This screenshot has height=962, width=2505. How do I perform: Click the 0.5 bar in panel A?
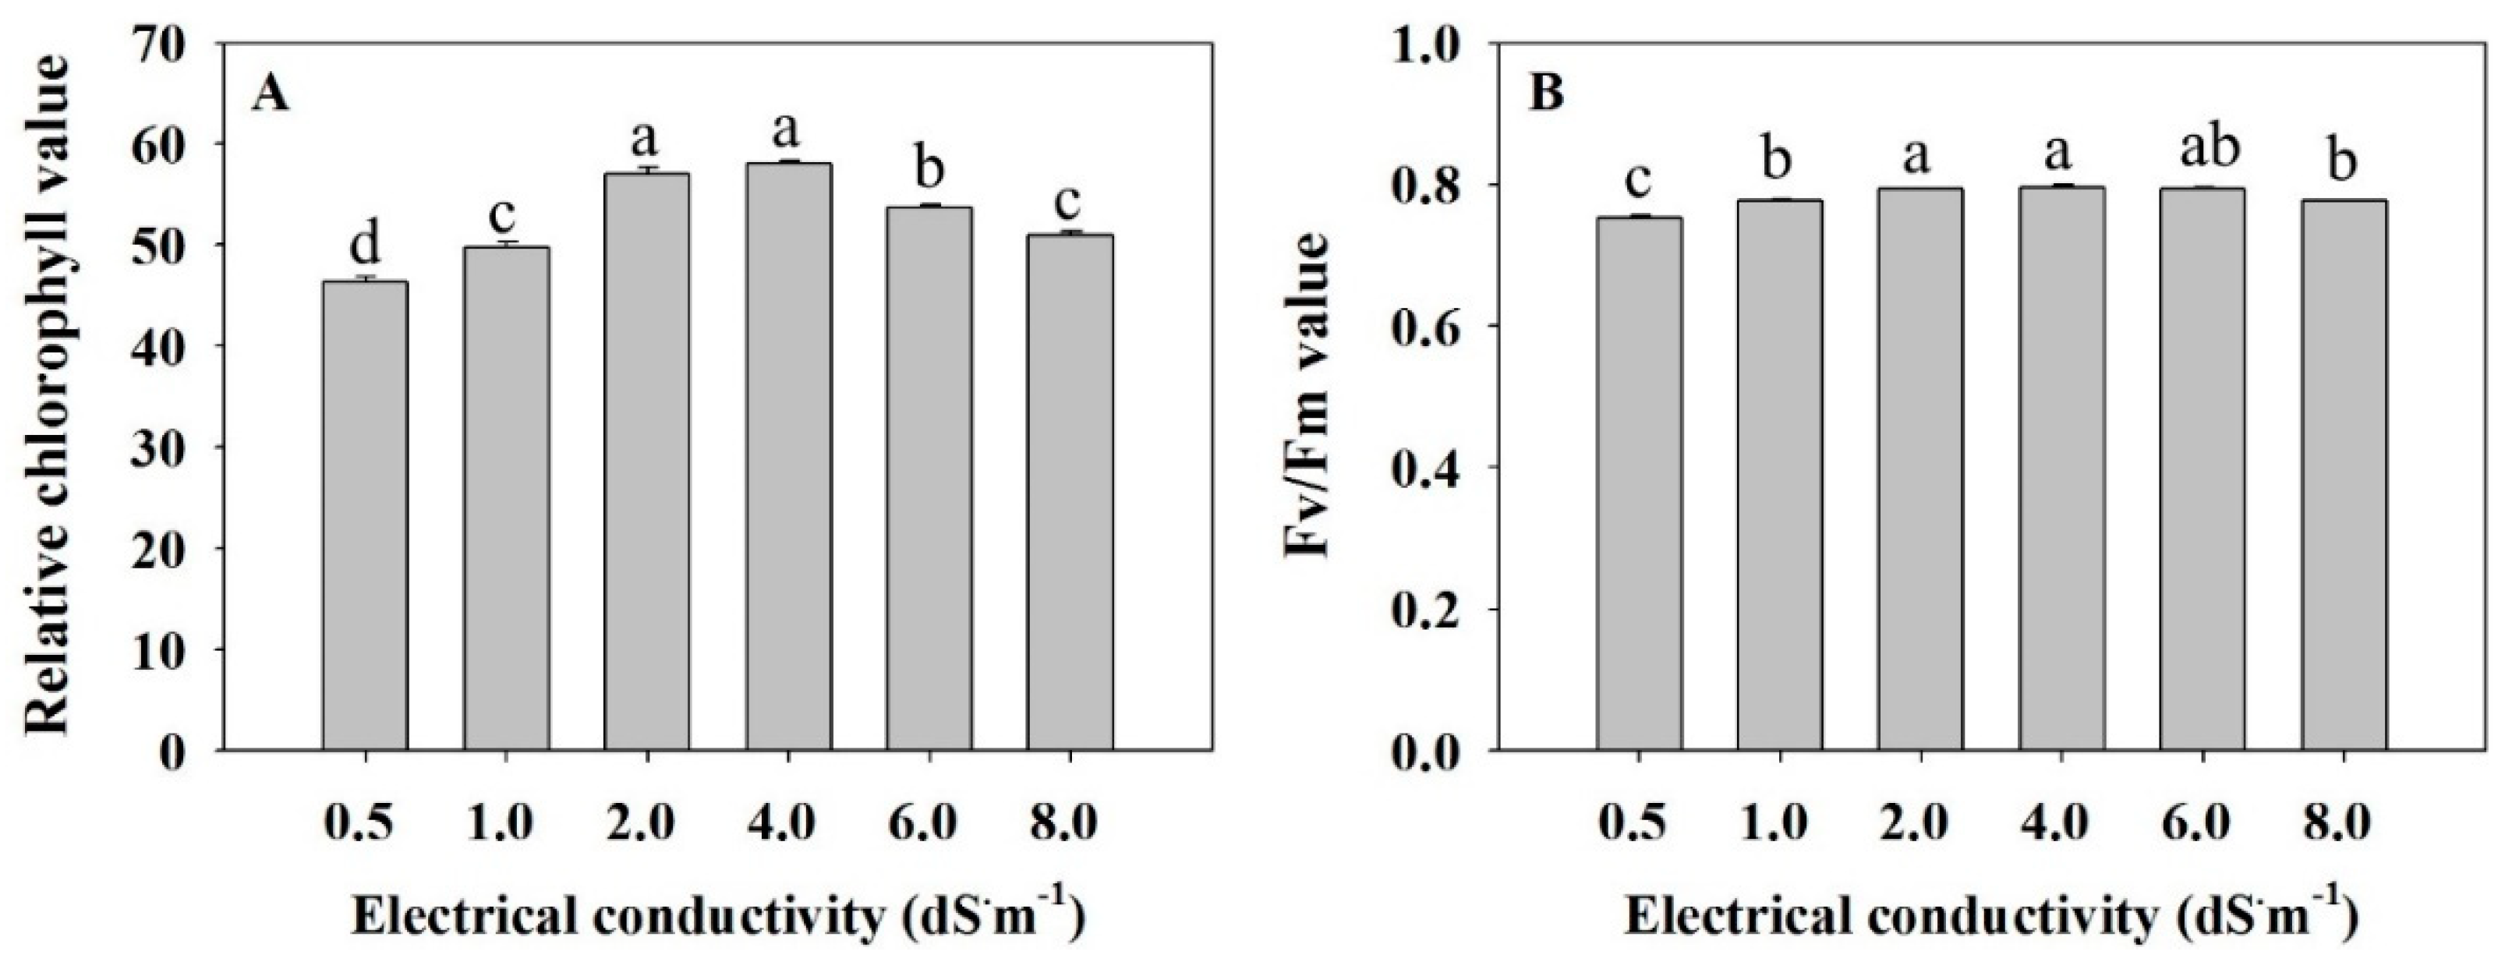tap(365, 515)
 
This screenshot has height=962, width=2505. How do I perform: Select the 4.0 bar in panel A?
tap(787, 457)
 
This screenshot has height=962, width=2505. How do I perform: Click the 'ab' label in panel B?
tap(2202, 149)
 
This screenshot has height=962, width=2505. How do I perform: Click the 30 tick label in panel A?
tap(173, 447)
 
